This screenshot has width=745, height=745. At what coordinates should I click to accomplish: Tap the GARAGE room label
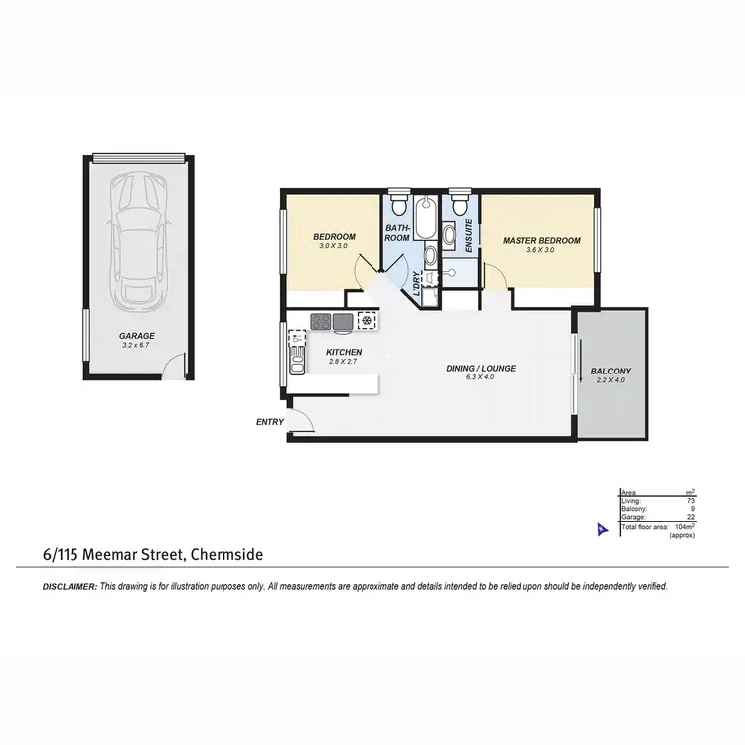coord(135,336)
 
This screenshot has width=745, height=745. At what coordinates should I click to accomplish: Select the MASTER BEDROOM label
coord(540,241)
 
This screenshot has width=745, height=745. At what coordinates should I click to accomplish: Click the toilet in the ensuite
coord(459,204)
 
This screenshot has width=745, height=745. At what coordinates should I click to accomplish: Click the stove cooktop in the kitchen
coord(320,321)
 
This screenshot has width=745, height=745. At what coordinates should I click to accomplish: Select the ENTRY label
coord(270,422)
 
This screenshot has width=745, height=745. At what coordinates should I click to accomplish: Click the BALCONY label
coord(610,372)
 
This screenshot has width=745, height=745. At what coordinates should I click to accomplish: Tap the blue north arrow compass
coord(599,530)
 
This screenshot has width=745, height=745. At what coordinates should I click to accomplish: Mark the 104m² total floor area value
coord(681,527)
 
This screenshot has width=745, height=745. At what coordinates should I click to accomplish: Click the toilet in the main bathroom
coord(398,205)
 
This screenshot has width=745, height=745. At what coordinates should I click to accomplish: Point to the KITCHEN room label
coord(343,353)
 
